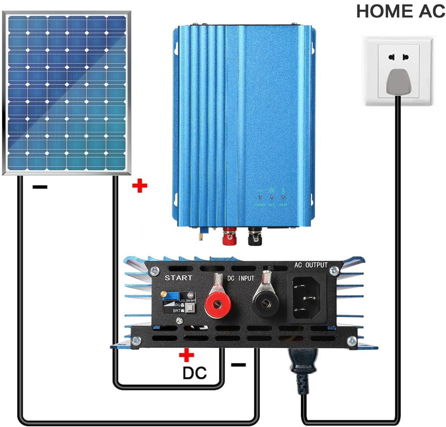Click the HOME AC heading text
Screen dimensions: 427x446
click(400, 11)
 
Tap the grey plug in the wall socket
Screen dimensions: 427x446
click(398, 81)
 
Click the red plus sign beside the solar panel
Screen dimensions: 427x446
click(140, 186)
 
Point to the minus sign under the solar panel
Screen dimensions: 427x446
click(40, 187)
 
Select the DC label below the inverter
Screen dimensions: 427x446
click(195, 373)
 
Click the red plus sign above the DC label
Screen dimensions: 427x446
click(187, 355)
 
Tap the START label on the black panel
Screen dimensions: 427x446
click(178, 278)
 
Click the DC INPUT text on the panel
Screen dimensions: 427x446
click(241, 278)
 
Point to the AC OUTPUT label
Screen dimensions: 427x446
click(311, 265)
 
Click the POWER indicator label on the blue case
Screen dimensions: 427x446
click(260, 205)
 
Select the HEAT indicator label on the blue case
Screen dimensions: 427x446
click(283, 205)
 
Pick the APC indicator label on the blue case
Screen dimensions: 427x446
click(271, 205)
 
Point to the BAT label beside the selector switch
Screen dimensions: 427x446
click(176, 311)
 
